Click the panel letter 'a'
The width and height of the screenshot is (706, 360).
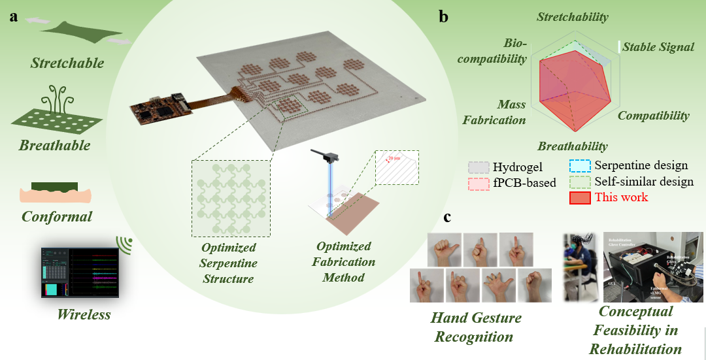(14, 17)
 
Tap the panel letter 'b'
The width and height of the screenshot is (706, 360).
(443, 18)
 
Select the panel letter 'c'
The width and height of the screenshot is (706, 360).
(448, 217)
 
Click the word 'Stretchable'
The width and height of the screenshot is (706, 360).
(67, 63)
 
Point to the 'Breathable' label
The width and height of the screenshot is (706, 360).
(54, 145)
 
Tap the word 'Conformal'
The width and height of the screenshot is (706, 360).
(57, 216)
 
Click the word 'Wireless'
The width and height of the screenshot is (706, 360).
(83, 315)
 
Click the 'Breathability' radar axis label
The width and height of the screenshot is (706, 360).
(573, 146)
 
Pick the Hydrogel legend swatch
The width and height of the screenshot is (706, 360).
(478, 168)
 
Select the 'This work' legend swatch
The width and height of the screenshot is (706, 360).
(580, 197)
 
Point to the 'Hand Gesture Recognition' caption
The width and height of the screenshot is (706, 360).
(476, 327)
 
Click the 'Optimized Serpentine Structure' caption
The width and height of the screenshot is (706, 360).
(229, 263)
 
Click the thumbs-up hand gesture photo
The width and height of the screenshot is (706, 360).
(444, 249)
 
